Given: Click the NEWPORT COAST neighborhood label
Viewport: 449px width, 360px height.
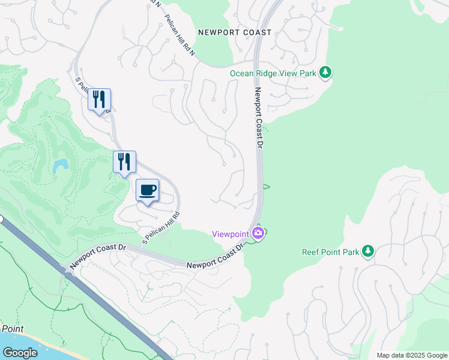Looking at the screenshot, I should (x=235, y=32).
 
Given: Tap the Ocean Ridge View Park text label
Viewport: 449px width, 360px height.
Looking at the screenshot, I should (x=273, y=73).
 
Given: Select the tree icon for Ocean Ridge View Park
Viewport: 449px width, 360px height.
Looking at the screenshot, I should (x=325, y=73).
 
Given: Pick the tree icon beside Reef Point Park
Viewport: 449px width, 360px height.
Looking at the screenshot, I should (x=368, y=251).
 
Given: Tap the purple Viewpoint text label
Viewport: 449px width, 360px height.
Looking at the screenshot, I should (x=231, y=234).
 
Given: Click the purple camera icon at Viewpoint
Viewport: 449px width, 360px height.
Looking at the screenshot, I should (x=258, y=233).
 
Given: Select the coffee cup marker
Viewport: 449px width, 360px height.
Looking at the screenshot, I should (x=148, y=190).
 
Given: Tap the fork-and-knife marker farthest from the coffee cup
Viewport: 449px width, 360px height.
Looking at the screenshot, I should (x=99, y=100).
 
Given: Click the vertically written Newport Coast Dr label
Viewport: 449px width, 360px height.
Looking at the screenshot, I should (x=259, y=118).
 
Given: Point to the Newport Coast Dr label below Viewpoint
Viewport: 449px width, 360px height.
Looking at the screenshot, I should (x=214, y=257).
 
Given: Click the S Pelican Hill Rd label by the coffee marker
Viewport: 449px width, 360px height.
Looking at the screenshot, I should (x=161, y=227).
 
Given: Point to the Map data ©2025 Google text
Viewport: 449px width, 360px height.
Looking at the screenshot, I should (x=411, y=355).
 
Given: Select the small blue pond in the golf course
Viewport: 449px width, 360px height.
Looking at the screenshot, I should (x=60, y=166).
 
